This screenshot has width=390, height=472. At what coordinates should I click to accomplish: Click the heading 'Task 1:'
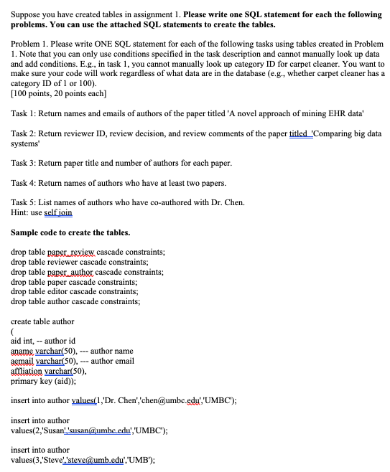26,115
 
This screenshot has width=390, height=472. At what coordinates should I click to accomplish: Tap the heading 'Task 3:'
26,163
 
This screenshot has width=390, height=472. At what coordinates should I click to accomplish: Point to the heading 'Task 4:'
26,183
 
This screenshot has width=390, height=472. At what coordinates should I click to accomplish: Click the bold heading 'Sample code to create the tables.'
71,232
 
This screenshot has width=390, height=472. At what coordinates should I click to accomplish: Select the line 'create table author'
43,321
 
